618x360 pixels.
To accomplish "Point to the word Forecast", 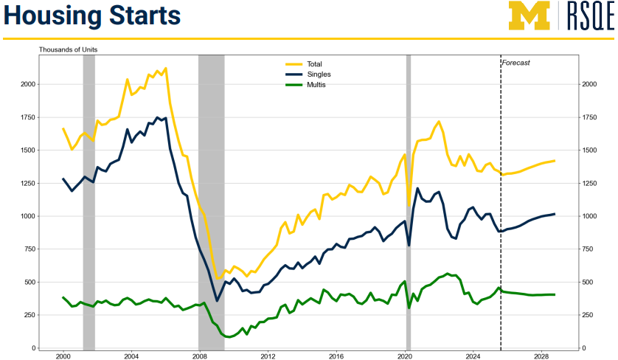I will click(x=515, y=63).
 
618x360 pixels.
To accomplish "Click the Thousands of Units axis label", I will click(x=68, y=49).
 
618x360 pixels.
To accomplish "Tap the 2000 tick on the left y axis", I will click(x=27, y=84).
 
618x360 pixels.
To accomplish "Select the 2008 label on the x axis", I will click(x=199, y=356).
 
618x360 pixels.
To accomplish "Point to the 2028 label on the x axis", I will click(x=542, y=356).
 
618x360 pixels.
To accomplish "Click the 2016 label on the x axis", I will click(x=336, y=356).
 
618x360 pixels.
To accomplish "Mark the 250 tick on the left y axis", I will click(x=29, y=315).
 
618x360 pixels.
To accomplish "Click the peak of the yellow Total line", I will click(x=165, y=68).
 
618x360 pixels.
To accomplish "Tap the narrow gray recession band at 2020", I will click(x=408, y=199).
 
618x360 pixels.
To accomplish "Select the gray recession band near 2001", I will click(x=88, y=199).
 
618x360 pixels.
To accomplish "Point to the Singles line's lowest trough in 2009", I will click(x=217, y=300).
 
